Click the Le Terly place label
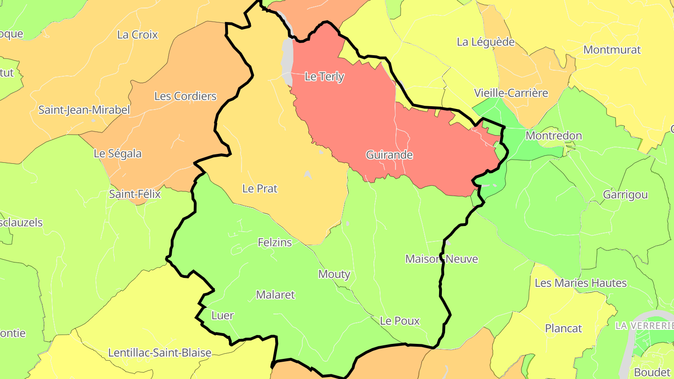pos(324,77)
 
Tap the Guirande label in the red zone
pos(389,154)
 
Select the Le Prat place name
pos(260,189)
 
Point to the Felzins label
pos(275,242)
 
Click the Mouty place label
pos(334,274)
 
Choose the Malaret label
pos(276,295)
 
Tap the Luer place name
pos(222,315)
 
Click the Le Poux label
pos(400,321)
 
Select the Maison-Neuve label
pos(441,259)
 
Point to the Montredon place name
pos(554,136)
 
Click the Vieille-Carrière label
pos(511,93)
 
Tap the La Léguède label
pos(485,42)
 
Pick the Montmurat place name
pos(612,50)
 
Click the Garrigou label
pos(625,195)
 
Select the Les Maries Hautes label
pos(580,283)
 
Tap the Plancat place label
pos(564,328)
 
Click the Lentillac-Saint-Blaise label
pos(160,352)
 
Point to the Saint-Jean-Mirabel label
pos(84,110)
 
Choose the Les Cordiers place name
pos(185,96)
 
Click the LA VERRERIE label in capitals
pos(645,325)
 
